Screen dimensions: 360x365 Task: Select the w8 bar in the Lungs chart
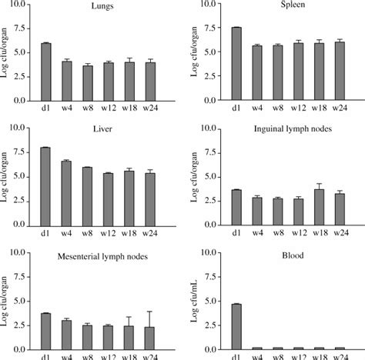click(89, 83)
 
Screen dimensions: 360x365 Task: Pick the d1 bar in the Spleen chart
click(236, 64)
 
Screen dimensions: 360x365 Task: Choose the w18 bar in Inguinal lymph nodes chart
click(319, 208)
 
